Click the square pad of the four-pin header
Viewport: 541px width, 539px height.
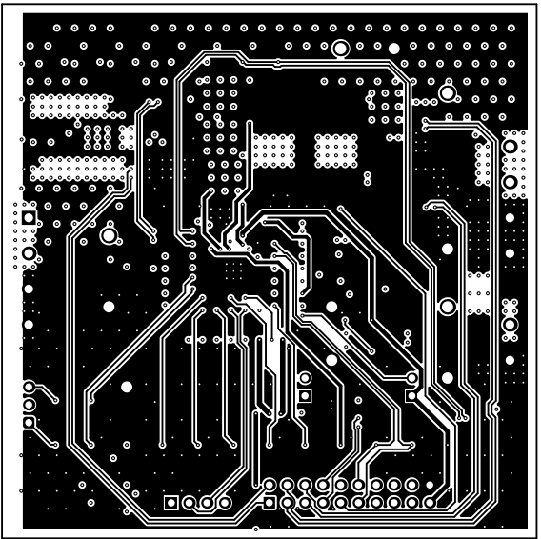171,502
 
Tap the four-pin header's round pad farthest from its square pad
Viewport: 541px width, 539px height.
225,502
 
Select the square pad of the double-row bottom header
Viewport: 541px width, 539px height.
269,502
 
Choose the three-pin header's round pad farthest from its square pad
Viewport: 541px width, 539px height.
30,387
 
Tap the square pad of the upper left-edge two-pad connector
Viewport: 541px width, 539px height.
30,219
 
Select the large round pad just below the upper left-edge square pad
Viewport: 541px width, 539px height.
30,254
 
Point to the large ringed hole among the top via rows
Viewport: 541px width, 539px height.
340,49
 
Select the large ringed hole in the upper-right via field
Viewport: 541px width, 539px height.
446,93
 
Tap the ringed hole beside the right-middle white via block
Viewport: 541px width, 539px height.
446,307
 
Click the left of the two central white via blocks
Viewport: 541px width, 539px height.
273,148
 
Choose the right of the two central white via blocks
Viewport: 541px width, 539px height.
334,148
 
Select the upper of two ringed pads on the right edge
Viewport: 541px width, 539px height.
511,146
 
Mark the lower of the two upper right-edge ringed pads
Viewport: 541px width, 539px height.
511,181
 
